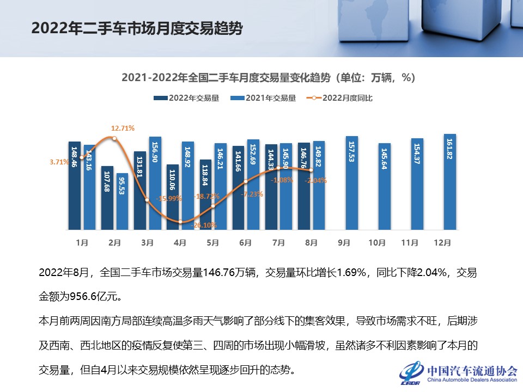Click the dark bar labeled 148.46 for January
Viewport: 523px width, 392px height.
(75, 185)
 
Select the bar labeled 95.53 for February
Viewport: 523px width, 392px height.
(123, 201)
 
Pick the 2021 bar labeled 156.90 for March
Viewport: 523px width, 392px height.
(155, 182)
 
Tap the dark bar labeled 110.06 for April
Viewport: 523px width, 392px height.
(173, 196)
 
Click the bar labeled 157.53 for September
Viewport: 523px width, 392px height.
(352, 182)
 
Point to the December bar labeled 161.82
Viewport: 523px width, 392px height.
(450, 181)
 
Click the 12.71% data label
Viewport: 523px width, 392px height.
(123, 128)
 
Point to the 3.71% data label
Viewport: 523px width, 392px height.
(59, 162)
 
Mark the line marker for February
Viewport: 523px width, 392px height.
(114, 138)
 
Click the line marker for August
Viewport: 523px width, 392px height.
(311, 170)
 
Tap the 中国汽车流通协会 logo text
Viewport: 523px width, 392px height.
(472, 371)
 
